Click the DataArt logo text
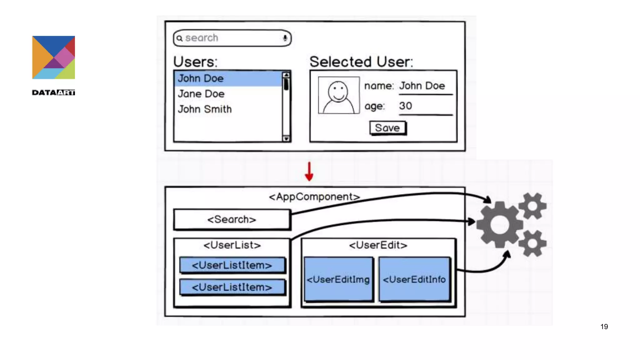[x=53, y=92]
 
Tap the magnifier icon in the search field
[x=179, y=38]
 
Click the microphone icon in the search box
[x=285, y=38]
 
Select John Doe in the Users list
[x=201, y=78]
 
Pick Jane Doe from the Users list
[x=201, y=94]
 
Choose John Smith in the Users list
[x=205, y=109]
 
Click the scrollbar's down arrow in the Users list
[x=286, y=138]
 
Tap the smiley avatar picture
[x=339, y=95]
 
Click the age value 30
[x=406, y=106]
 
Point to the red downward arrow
[x=309, y=172]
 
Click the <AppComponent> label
[x=314, y=197]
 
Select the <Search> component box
[x=232, y=219]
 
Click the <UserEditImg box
[x=338, y=279]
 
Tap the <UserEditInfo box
[x=414, y=279]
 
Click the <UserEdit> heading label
[x=378, y=245]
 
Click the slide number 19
[x=604, y=327]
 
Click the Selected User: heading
[x=361, y=62]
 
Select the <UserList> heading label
[x=232, y=245]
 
